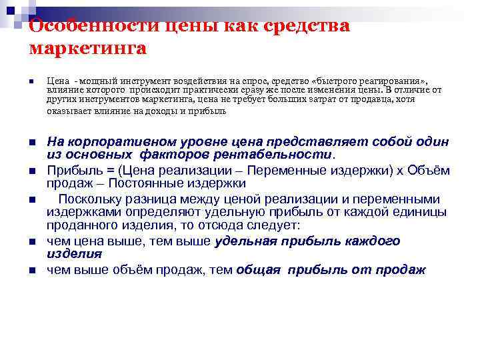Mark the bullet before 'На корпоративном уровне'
coord(32,143)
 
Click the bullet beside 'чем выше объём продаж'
coord(32,271)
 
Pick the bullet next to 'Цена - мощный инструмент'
coord(32,82)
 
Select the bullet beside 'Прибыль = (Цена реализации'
coord(32,171)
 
